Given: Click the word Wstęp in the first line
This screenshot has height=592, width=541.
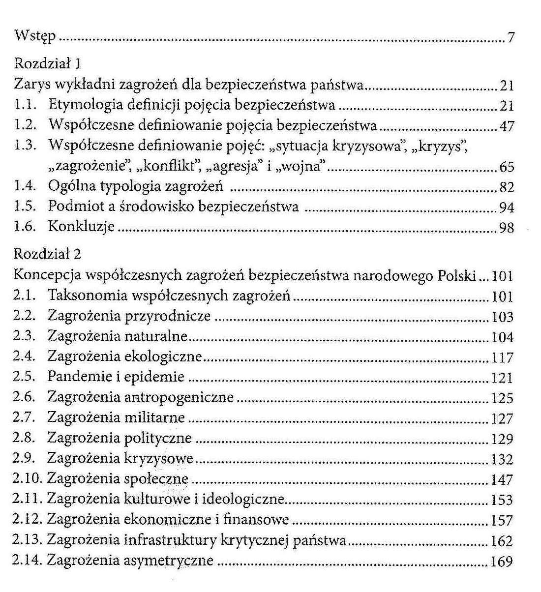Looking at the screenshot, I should [x=35, y=37].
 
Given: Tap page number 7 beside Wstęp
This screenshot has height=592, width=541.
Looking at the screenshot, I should [x=511, y=38].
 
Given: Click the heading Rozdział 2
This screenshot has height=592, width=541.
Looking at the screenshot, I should [x=48, y=254].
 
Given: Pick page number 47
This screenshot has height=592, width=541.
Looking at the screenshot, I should [x=507, y=126].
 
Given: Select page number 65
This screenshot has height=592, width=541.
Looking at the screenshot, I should [x=507, y=167].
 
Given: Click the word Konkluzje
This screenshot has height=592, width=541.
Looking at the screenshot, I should [x=81, y=227].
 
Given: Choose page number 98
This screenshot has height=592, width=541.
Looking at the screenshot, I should [x=507, y=228].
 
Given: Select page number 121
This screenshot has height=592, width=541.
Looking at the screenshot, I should [x=502, y=378].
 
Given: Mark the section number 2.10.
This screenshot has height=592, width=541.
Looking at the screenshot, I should [x=28, y=478].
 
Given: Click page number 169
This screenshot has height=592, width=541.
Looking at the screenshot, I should [x=502, y=561].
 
